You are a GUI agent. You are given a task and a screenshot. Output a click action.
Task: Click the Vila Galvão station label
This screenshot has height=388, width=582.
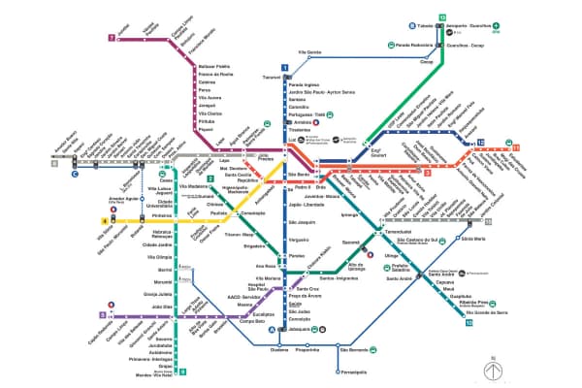[307, 51]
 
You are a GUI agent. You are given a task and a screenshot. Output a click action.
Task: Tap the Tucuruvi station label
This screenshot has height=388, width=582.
[271, 78]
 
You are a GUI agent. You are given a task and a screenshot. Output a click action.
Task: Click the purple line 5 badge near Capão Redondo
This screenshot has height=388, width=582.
[102, 315]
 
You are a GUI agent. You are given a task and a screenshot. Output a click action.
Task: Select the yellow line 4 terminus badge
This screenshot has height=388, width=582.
[102, 221]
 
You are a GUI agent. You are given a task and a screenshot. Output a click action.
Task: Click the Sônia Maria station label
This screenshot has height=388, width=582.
[474, 238]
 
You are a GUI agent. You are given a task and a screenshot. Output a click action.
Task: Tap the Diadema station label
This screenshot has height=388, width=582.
[280, 351]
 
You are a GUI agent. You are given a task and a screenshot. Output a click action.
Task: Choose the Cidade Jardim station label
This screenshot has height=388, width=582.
[157, 244]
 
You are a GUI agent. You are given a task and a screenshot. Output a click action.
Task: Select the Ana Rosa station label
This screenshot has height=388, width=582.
[266, 265]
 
